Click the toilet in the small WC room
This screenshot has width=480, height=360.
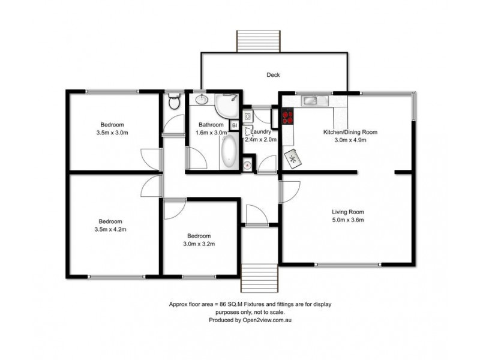[174, 102]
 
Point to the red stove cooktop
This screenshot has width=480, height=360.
[287, 115]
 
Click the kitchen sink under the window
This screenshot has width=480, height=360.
[313, 100]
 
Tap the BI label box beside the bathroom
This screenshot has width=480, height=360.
[235, 125]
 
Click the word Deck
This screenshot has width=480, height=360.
[274, 75]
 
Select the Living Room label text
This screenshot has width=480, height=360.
[348, 212]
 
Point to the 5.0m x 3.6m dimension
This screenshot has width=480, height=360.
[348, 220]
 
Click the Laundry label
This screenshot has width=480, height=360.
[263, 131]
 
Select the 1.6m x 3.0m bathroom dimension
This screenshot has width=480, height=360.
[212, 133]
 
